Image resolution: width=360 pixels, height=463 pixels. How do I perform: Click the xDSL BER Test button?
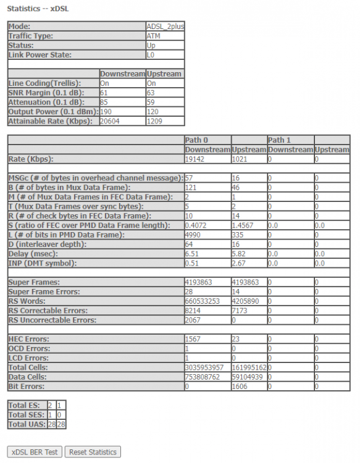(x=35, y=452)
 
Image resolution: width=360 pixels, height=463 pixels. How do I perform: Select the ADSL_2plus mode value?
(x=165, y=27)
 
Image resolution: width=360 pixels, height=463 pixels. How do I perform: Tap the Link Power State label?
(x=40, y=55)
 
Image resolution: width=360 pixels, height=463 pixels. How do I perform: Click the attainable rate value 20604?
(x=111, y=121)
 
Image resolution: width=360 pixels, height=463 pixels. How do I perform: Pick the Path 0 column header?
(x=198, y=140)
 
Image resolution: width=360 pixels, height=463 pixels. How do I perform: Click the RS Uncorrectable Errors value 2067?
(x=195, y=320)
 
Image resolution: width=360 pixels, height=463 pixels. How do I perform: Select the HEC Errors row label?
(x=33, y=340)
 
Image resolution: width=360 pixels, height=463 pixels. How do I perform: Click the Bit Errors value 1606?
(x=241, y=386)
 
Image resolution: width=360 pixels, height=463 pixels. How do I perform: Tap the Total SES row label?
(x=25, y=414)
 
